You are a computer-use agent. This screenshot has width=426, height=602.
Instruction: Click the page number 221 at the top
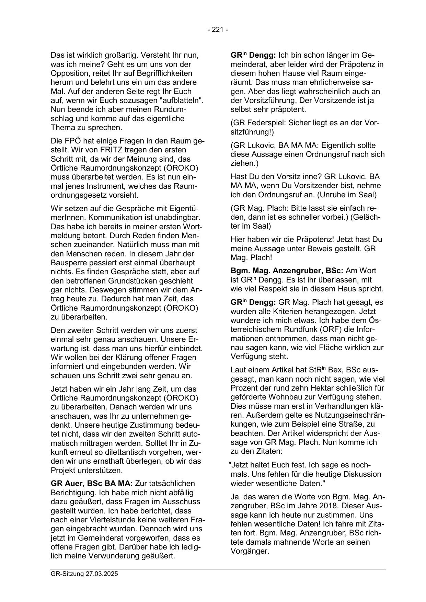(x=218, y=30)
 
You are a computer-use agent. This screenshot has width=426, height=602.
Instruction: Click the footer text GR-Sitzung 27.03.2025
(x=84, y=574)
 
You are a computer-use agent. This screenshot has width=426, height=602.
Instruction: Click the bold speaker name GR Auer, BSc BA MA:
(x=92, y=484)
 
